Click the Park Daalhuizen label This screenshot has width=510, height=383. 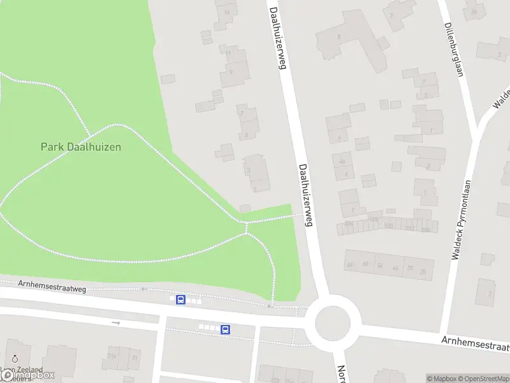pyautogui.click(x=81, y=146)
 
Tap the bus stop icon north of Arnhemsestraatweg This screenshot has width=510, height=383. pyautogui.click(x=181, y=299)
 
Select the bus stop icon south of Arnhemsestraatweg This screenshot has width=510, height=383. pyautogui.click(x=226, y=329)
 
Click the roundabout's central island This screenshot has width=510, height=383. pyautogui.click(x=333, y=323)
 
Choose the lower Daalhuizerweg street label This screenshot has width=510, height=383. pyautogui.click(x=305, y=194)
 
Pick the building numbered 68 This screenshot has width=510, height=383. pyautogui.click(x=349, y=264)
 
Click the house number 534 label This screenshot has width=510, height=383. pyautogui.click(x=349, y=223)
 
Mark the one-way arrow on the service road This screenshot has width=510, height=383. pyautogui.click(x=115, y=323)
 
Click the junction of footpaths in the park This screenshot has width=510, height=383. pyautogui.click(x=246, y=223)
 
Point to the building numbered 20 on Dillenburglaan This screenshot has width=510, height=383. pyautogui.click(x=474, y=11)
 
